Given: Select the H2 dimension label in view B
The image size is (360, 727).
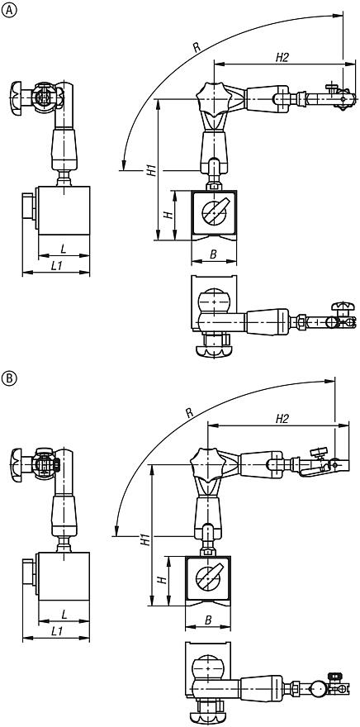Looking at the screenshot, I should [x=272, y=422].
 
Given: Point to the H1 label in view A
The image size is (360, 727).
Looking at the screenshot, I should [x=150, y=171].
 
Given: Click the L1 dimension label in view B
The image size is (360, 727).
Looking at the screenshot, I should [x=55, y=631].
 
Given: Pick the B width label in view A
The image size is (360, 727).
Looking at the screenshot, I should [x=213, y=254].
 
